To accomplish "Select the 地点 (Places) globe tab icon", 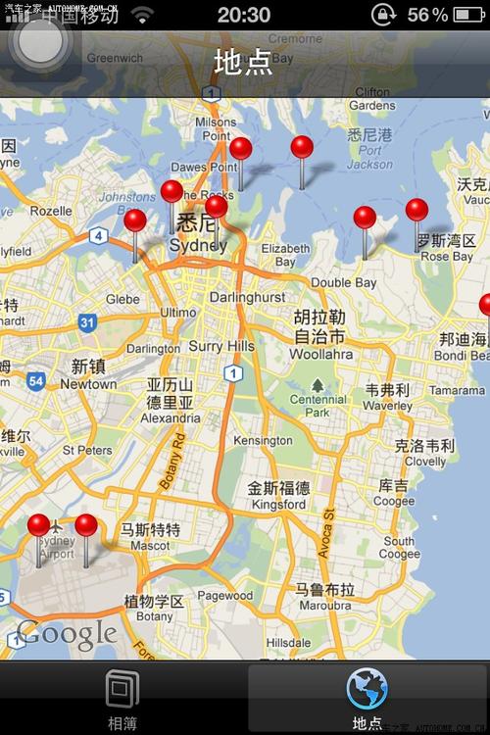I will click(x=367, y=690).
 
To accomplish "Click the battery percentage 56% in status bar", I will click(x=427, y=15).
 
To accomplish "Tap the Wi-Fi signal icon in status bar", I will click(x=143, y=15).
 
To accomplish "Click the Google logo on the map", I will click(x=67, y=634).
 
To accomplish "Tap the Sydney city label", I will click(x=198, y=245).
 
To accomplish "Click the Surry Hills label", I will click(x=221, y=346).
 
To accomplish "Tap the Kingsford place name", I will click(x=278, y=506).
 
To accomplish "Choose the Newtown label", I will click(x=88, y=385).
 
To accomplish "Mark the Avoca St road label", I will click(x=328, y=534).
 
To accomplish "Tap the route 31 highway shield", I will click(x=87, y=321).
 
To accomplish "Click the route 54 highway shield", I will click(x=36, y=381).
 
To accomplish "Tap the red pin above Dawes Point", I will click(x=240, y=150).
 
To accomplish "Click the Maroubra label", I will click(x=324, y=605).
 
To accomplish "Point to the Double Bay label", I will click(x=344, y=283).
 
